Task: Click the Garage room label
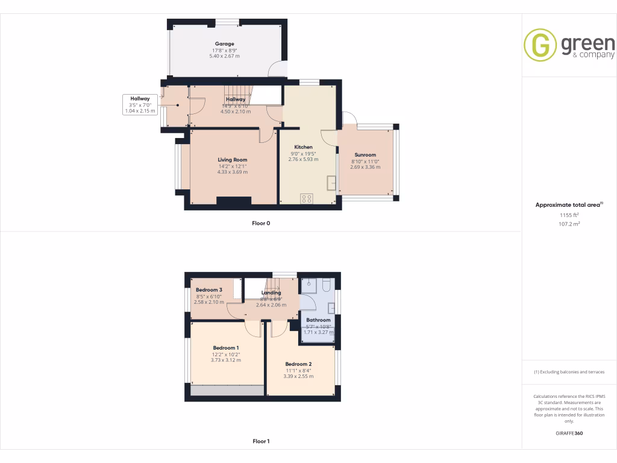[224, 44]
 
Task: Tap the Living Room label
[233, 160]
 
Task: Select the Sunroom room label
[365, 155]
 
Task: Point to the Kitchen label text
[303, 147]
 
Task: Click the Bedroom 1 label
[226, 348]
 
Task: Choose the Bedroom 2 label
[298, 364]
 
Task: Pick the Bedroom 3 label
[209, 290]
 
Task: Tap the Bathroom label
[318, 320]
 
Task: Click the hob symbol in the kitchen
[307, 198]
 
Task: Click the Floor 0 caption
[261, 224]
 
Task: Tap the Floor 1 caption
[261, 441]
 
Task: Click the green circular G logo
[540, 45]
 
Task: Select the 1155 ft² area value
[569, 215]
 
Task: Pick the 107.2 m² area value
[569, 224]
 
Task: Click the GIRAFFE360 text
[569, 433]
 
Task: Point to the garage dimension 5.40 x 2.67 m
[224, 56]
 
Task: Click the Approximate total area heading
[568, 205]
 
